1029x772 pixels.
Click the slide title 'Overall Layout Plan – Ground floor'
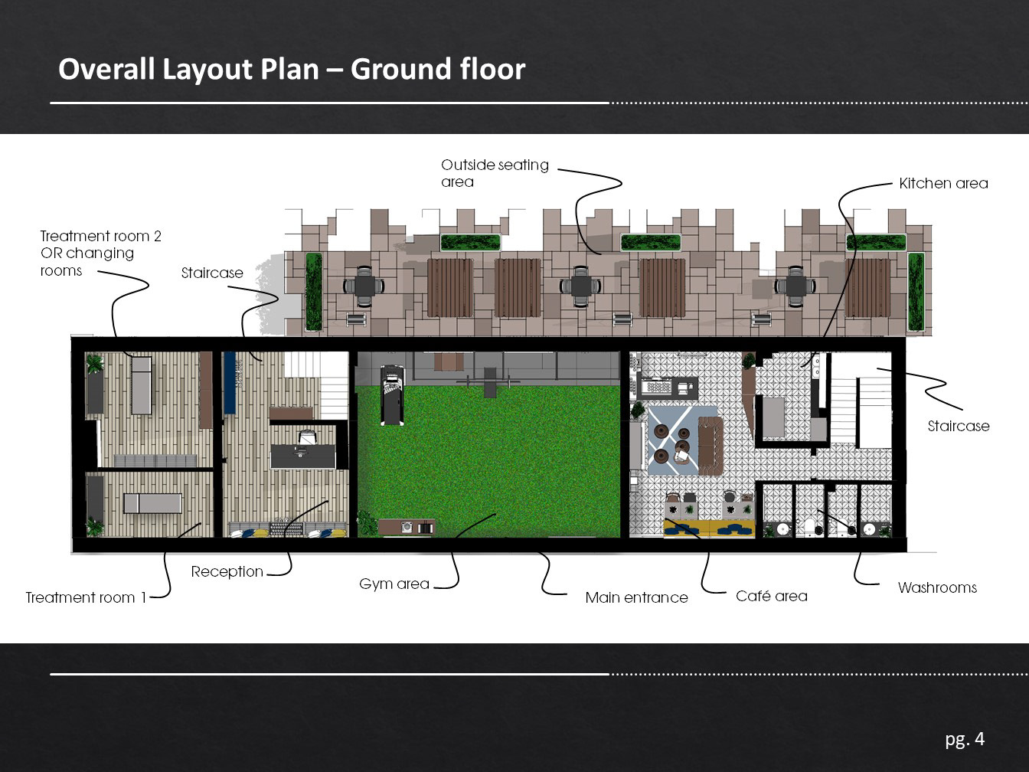click(x=292, y=70)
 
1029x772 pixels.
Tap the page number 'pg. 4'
click(x=965, y=739)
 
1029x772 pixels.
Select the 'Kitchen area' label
click(x=943, y=183)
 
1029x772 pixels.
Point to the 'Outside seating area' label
click(x=495, y=173)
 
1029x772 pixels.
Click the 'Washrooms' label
click(x=937, y=587)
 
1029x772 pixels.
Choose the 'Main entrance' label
click(x=636, y=597)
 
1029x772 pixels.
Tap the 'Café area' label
click(x=771, y=595)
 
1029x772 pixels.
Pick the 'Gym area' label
click(x=394, y=584)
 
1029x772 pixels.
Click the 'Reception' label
click(x=227, y=571)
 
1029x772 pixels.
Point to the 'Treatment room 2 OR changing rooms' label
click(x=100, y=253)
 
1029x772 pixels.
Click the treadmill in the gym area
click(x=392, y=395)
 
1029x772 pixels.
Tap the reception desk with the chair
click(x=303, y=451)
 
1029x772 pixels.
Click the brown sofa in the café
click(x=710, y=445)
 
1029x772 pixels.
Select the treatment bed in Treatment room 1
click(x=152, y=503)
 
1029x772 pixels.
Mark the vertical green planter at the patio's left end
click(x=314, y=292)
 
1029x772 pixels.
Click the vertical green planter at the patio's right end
click(x=916, y=292)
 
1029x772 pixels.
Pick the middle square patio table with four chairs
click(x=580, y=286)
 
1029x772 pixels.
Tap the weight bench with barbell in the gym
click(x=488, y=381)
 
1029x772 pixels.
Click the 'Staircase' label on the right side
click(x=959, y=426)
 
